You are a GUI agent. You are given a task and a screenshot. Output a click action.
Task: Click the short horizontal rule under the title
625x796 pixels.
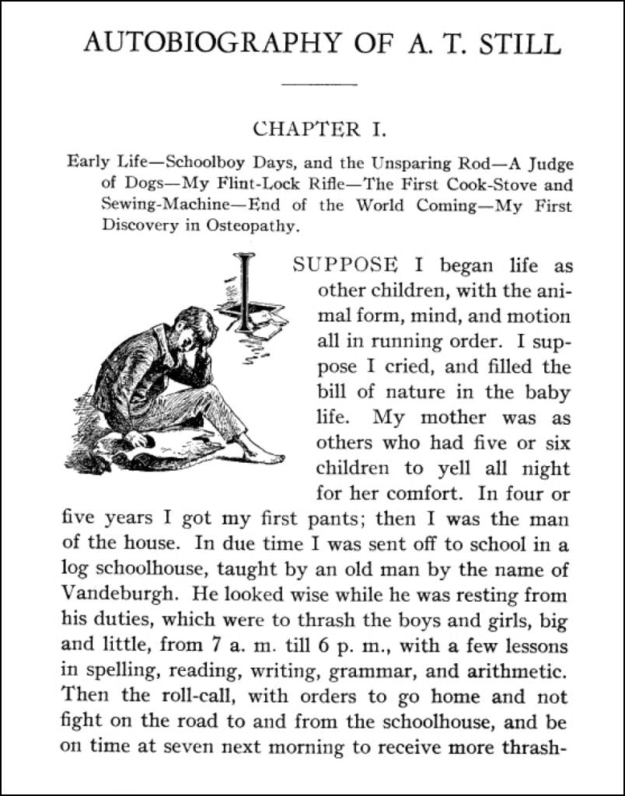tap(319, 83)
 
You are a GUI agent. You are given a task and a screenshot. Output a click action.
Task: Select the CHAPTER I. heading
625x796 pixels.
tap(319, 128)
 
